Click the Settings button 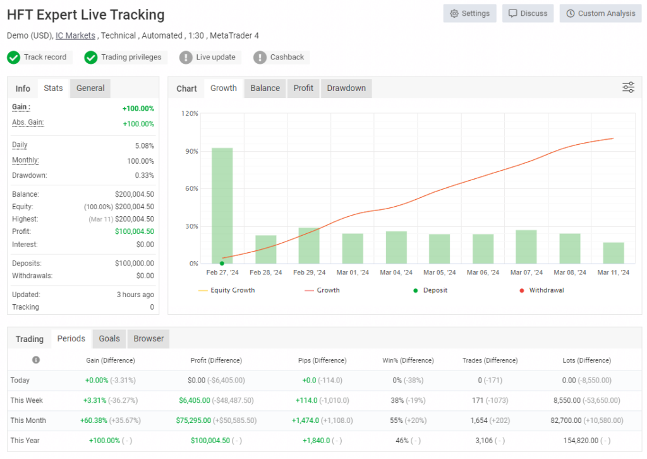tap(469, 13)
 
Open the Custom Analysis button tap(600, 13)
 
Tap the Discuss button tap(528, 13)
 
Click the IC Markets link tap(75, 35)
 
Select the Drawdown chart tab tap(346, 89)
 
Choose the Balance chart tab tap(265, 89)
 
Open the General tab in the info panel tap(90, 89)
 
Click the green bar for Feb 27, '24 tap(222, 205)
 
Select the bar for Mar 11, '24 tap(613, 253)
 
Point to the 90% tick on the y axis tap(190, 151)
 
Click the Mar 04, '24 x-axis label tap(396, 273)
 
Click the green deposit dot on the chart tap(222, 263)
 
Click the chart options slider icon tap(628, 88)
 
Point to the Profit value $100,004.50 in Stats tap(134, 231)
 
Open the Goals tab tap(109, 339)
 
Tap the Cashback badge tap(281, 58)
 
